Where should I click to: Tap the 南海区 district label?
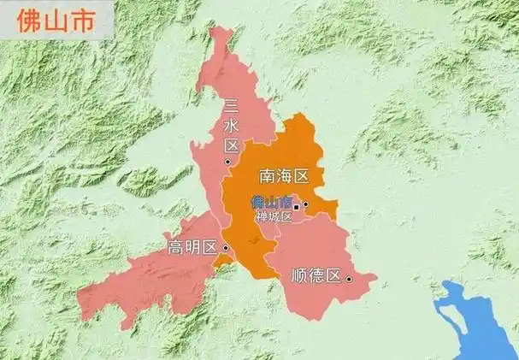coord(283,177)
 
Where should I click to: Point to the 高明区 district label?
coord(192,249)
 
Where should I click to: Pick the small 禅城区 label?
coord(274,217)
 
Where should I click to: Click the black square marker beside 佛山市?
coord(297,207)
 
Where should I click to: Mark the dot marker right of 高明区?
coord(225,248)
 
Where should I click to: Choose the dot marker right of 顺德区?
coord(349,279)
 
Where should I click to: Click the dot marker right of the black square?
coord(305,205)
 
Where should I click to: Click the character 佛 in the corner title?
coord(26,17)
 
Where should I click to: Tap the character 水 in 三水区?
coord(230,127)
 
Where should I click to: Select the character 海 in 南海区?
coord(283,177)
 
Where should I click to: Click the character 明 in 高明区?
coord(192,249)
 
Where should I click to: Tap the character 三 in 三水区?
coord(230,108)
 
